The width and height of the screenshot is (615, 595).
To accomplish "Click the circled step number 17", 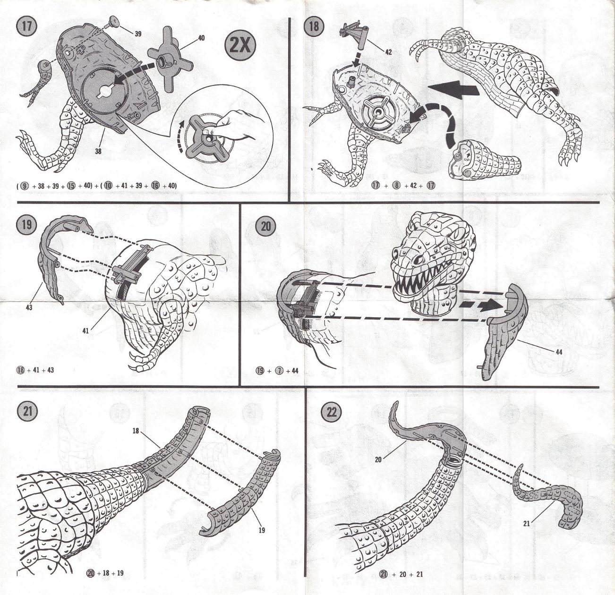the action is (x=27, y=26).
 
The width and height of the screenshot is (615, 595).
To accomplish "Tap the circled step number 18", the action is (x=314, y=26).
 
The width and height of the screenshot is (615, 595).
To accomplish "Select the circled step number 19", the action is (x=26, y=225).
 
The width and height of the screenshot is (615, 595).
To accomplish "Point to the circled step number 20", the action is (x=266, y=227).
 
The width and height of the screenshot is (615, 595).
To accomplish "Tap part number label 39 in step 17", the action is (x=138, y=34).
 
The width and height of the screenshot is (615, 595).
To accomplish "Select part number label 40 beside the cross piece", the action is (x=201, y=38).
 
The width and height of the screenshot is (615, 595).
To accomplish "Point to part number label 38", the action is (x=98, y=151).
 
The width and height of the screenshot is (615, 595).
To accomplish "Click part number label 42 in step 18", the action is (x=388, y=52).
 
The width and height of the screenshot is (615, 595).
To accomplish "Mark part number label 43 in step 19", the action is (x=29, y=307).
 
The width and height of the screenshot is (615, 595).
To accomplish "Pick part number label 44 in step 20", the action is (x=559, y=352).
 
